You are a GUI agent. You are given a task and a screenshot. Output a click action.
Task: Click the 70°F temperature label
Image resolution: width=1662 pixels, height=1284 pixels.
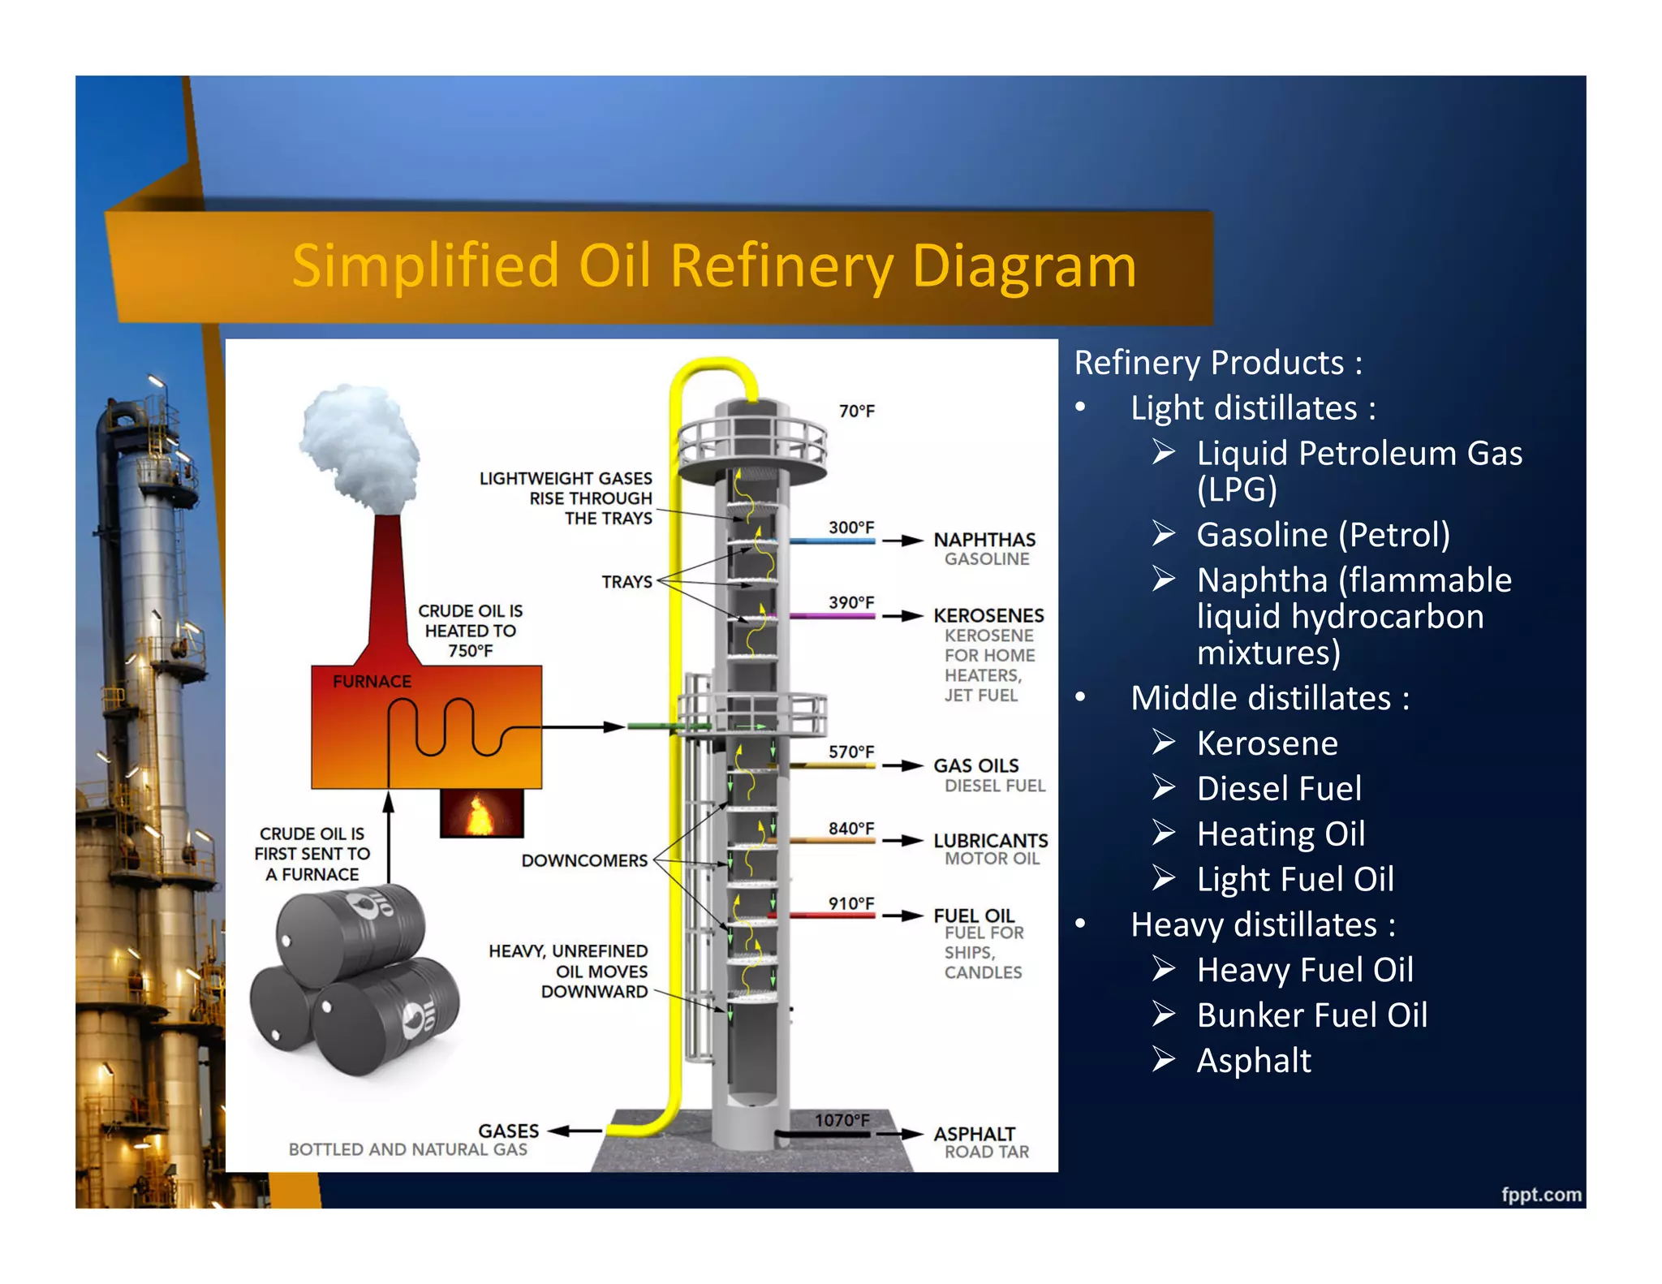[x=856, y=411]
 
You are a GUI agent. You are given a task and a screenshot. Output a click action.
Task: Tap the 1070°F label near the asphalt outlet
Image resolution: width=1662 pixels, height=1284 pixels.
[x=842, y=1120]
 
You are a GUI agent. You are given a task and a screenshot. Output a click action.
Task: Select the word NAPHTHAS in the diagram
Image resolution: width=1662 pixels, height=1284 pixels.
[x=984, y=540]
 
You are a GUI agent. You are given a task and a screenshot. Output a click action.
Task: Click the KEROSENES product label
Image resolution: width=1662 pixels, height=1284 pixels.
[x=988, y=615]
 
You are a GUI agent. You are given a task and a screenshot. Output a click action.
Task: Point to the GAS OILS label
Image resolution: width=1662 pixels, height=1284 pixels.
[x=975, y=765]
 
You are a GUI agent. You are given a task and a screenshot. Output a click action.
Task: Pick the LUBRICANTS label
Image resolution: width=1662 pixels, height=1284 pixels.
[x=990, y=840]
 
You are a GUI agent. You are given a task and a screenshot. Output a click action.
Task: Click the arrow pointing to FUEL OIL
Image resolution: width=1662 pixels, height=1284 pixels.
[x=902, y=916]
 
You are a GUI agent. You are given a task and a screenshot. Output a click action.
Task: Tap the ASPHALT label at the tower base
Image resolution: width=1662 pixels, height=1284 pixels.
[x=974, y=1133]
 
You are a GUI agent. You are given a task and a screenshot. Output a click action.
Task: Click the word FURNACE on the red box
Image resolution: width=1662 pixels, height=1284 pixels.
[x=372, y=682]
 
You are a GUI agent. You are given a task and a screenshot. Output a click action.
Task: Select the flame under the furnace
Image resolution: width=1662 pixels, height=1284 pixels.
[x=480, y=814]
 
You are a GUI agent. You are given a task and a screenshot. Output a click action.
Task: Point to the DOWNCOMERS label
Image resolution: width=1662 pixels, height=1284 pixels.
[x=584, y=860]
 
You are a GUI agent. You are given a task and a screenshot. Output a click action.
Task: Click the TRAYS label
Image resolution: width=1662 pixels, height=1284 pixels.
[x=626, y=582]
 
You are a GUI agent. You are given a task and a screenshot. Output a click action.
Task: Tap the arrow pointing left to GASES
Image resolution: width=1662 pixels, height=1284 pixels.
[x=575, y=1131]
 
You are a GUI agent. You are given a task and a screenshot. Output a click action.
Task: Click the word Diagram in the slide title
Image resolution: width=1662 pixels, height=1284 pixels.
[x=1024, y=266]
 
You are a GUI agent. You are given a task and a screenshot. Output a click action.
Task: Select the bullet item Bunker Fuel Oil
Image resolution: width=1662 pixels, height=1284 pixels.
[x=1311, y=1015]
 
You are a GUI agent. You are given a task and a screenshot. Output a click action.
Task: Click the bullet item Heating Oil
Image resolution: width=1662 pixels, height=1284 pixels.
[x=1281, y=834]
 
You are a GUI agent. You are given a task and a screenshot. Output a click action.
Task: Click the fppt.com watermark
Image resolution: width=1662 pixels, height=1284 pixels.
[x=1540, y=1194]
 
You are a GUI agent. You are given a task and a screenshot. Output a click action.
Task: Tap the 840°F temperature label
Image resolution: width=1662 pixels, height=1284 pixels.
[x=850, y=828]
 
